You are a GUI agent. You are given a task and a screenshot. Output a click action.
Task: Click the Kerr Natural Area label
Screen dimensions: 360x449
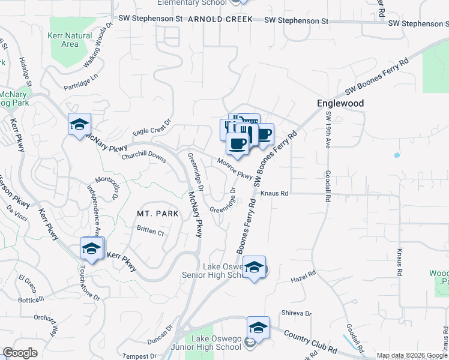pos(70,40)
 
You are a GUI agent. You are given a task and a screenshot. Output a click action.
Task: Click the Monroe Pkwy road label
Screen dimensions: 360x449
pos(235,169)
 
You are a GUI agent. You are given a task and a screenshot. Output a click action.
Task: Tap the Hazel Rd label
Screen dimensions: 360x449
pos(303,276)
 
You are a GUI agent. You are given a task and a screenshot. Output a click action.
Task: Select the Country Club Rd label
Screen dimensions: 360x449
pos(310,341)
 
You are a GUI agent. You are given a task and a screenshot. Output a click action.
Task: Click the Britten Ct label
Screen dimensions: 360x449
pos(150,231)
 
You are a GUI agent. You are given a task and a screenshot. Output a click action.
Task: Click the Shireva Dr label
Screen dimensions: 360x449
pos(297,313)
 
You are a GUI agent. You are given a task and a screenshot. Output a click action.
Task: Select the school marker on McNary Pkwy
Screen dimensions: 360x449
pos(79,125)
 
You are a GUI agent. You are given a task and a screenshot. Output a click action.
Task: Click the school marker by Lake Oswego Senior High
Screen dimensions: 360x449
pos(254,268)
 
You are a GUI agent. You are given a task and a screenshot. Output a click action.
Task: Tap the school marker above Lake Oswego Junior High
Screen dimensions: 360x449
pos(258,327)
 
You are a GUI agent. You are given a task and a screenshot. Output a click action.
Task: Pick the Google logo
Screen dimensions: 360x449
pos(20,353)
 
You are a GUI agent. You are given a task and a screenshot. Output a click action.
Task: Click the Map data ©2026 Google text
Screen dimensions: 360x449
pos(411,355)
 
